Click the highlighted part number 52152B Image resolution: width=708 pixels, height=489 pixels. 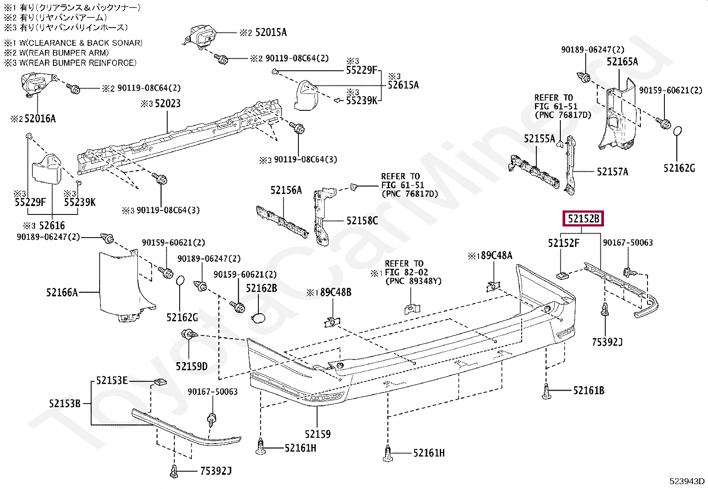[x=583, y=218]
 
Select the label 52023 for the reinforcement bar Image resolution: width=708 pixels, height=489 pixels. [x=167, y=103]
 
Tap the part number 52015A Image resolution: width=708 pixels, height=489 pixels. [x=271, y=32]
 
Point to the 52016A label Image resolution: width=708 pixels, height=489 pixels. [x=40, y=119]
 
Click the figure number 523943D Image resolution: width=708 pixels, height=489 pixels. [x=687, y=481]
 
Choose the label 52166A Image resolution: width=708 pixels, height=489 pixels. [x=62, y=292]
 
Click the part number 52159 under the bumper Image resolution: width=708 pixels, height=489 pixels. [x=318, y=434]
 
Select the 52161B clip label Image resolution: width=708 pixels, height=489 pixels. [x=589, y=391]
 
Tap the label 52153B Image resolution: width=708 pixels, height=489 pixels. [x=65, y=404]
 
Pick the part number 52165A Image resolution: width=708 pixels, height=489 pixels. [x=622, y=62]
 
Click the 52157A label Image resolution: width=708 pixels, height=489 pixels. [x=612, y=172]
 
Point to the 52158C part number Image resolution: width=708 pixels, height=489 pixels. [x=362, y=221]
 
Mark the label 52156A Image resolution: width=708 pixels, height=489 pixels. [x=286, y=190]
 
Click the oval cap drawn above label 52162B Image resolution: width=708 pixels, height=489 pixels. [x=258, y=318]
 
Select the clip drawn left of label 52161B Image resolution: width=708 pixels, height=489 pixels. [x=547, y=391]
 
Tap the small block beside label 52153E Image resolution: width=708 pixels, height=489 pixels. [x=160, y=382]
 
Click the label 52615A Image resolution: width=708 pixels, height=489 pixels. [x=403, y=85]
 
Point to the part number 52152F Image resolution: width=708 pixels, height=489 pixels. [x=563, y=243]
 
